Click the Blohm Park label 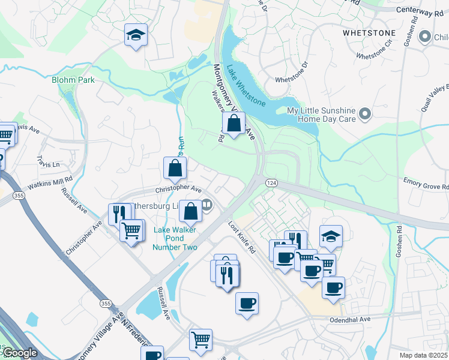pos(73,79)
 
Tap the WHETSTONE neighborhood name pos(369,33)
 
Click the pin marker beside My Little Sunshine pos(364,113)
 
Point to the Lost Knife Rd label pos(242,236)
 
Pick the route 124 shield pos(271,182)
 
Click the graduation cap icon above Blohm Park pos(136,35)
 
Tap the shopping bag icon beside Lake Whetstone pos(234,124)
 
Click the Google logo pos(19,353)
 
